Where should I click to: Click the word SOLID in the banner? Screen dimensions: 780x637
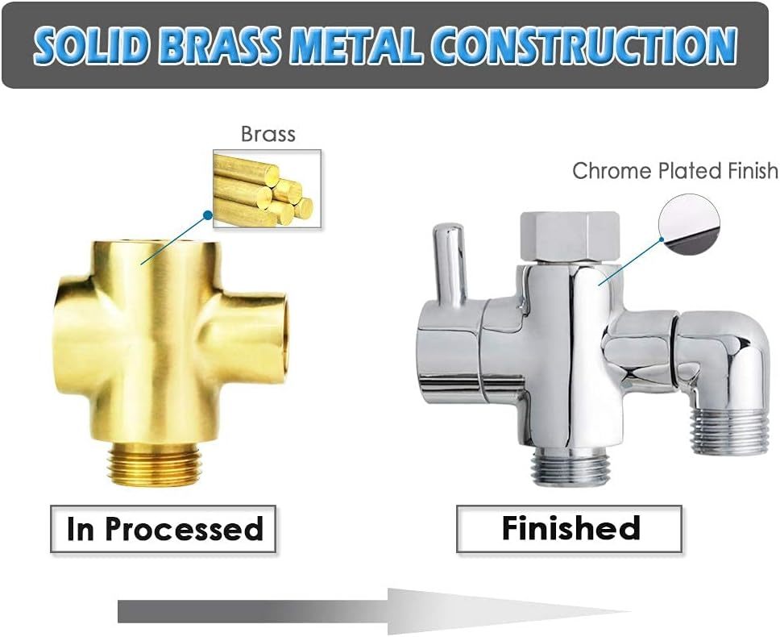90,45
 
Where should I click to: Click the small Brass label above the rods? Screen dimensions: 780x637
268,134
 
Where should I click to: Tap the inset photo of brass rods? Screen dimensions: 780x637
268,189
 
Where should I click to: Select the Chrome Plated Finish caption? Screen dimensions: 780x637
675,171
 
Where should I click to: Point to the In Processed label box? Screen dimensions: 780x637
163,528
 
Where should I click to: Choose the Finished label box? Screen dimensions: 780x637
570,528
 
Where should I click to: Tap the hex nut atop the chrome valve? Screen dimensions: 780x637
570,236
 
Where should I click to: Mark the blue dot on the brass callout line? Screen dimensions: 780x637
207,215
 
